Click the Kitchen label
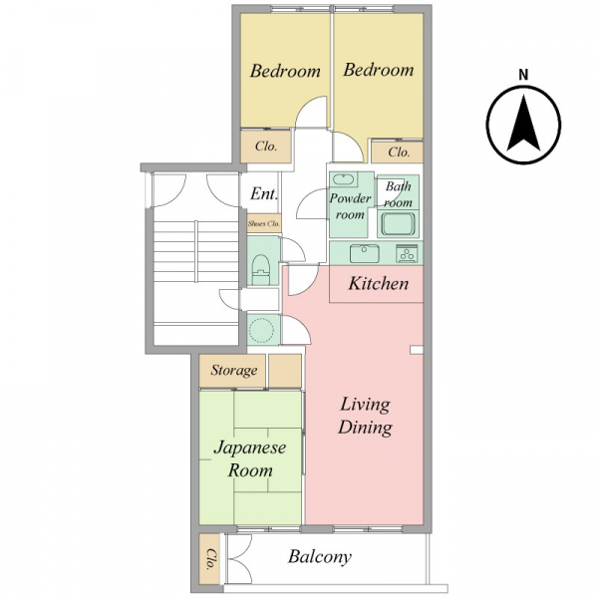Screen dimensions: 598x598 tap(379, 284)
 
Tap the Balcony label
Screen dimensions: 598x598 tap(320, 557)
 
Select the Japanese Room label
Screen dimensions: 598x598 tap(250, 458)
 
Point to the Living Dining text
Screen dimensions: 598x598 tap(365, 416)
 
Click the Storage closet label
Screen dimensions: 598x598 tap(234, 371)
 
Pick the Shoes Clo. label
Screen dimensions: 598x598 tap(264, 223)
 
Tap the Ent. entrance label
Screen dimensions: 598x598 tap(263, 193)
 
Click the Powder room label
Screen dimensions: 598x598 tap(350, 206)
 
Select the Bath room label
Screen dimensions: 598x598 tap(398, 194)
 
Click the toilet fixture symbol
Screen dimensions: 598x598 tap(261, 269)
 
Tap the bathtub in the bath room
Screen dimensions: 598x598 tap(398, 224)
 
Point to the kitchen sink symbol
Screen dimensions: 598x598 tap(364, 253)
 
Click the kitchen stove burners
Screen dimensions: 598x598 tap(408, 253)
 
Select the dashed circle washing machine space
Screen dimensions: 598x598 tap(261, 330)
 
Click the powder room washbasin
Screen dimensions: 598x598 tap(344, 178)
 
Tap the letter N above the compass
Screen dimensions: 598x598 tap(523, 75)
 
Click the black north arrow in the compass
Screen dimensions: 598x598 tap(523, 123)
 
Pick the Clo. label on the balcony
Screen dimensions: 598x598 tap(210, 559)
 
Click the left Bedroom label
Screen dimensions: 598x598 tap(285, 72)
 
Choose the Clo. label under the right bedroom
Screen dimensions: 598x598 tap(399, 152)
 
